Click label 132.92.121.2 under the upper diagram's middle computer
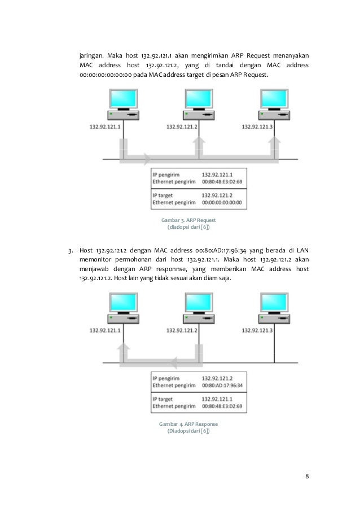[x=181, y=127]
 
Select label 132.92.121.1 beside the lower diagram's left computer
[x=105, y=330]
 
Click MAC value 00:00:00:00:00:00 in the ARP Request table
[x=222, y=202]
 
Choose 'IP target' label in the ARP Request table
[x=164, y=194]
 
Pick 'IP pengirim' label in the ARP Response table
[x=167, y=378]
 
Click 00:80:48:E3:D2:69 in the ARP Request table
[x=222, y=181]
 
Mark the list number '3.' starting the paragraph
[x=70, y=250]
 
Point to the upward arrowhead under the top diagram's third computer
[x=275, y=144]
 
